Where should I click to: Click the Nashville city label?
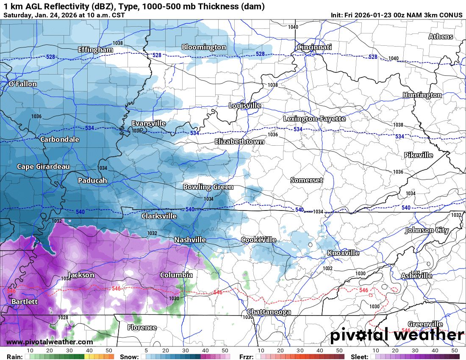click(190, 240)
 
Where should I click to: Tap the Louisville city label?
click(245, 105)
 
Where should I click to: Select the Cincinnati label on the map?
click(314, 47)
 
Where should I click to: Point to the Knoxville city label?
click(343, 253)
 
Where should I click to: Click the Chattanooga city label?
click(269, 312)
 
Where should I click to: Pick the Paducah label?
click(92, 180)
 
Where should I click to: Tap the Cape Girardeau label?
click(43, 166)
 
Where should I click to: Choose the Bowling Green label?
click(208, 187)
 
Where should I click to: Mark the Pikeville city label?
click(418, 155)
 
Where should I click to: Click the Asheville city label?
click(416, 276)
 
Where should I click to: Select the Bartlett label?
click(25, 302)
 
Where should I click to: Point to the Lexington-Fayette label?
click(314, 119)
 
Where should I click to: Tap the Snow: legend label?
click(129, 357)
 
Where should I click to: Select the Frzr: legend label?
click(246, 357)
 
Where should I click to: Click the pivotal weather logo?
click(397, 335)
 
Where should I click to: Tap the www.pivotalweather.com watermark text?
click(49, 342)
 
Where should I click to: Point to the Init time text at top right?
click(397, 15)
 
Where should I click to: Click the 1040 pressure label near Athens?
click(393, 58)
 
